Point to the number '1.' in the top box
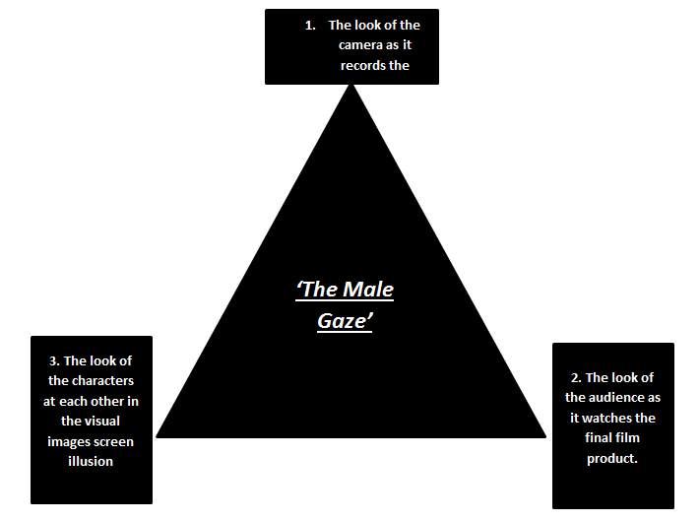[x=310, y=25]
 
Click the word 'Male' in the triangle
[x=368, y=289]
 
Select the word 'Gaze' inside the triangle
[x=344, y=322]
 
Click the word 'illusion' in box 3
[x=92, y=461]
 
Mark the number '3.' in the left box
[x=53, y=360]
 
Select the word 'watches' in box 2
[x=629, y=418]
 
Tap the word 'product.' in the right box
[x=613, y=458]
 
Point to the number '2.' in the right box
[x=576, y=377]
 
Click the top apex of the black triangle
[x=350, y=86]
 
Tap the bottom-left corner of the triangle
[x=157, y=436]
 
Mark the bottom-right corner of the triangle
[x=545, y=436]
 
